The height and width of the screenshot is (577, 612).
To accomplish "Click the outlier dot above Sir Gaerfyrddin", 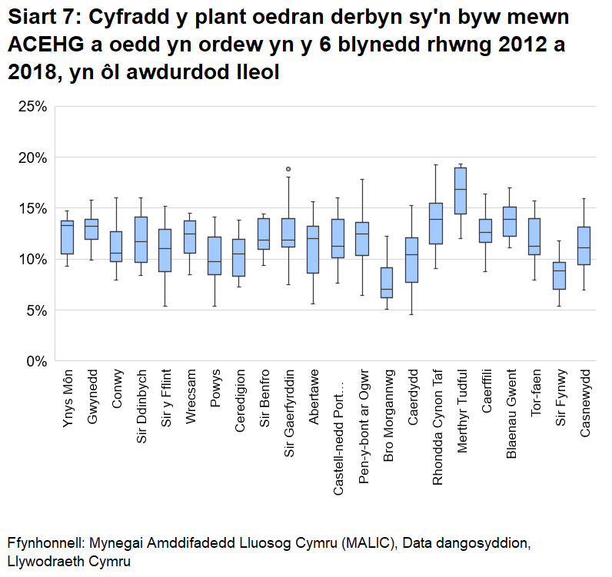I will click(288, 169).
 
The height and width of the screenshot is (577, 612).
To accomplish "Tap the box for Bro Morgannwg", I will click(387, 283).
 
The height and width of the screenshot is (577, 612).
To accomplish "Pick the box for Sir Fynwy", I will click(560, 276).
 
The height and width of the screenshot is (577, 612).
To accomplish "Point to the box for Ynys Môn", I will click(68, 237).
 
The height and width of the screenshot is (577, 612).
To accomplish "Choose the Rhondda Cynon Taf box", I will click(436, 224).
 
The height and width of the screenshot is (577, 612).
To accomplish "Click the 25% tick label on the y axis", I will click(32, 107).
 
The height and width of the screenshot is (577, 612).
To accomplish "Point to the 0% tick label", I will click(37, 361).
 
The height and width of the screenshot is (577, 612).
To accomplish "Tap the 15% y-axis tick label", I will click(32, 209).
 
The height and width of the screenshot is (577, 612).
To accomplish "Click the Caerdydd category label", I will click(413, 396).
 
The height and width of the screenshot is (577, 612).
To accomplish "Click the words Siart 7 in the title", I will click(45, 18).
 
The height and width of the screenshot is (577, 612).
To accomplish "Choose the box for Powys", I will click(215, 256).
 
